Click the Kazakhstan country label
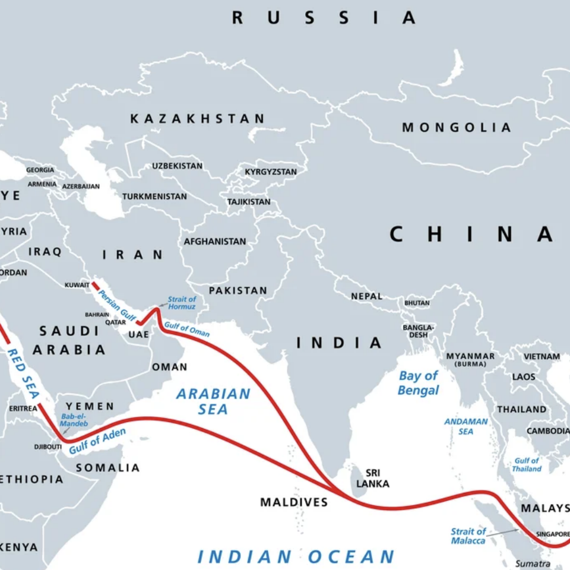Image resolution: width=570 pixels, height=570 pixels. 198,119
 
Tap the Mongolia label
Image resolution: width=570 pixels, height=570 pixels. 456,127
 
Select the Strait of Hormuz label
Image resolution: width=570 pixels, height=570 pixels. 182,303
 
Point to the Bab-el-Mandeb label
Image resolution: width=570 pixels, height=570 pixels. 74,420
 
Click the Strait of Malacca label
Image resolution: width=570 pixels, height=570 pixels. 468,536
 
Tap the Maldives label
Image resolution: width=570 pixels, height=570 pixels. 294,502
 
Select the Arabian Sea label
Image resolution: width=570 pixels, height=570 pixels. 213,401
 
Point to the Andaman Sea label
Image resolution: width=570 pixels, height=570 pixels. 466,426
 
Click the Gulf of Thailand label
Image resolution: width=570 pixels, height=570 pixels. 527,464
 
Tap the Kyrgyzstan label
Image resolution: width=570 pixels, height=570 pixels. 271,172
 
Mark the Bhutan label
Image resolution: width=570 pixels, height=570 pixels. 417,303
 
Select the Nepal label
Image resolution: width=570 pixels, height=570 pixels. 366,296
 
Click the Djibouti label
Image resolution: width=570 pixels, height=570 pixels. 47,446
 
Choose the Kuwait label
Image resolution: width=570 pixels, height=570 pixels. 77,285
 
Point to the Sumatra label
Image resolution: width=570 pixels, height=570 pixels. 528,563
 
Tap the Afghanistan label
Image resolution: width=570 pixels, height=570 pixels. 214,242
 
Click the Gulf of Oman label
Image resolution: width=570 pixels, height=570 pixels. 187,329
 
